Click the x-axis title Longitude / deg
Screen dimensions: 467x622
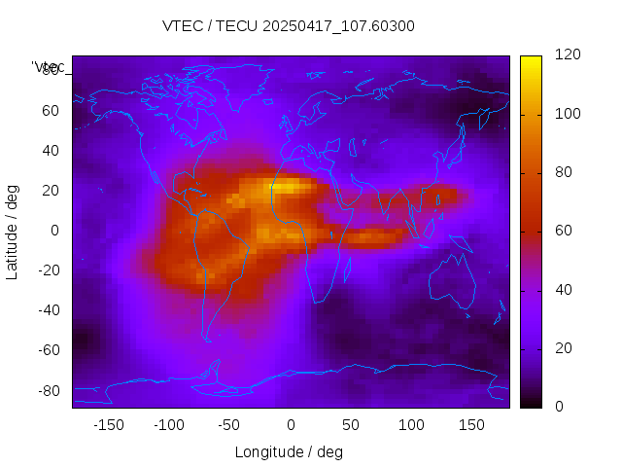(289, 452)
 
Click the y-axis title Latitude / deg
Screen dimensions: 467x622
(13, 231)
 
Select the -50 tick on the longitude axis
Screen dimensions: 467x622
(229, 424)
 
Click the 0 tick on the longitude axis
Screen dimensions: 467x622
(290, 424)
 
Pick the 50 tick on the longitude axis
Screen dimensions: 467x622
(351, 424)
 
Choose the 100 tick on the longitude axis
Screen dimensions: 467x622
(411, 424)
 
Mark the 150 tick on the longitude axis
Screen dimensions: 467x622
(471, 424)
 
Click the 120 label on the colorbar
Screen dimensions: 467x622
(563, 55)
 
